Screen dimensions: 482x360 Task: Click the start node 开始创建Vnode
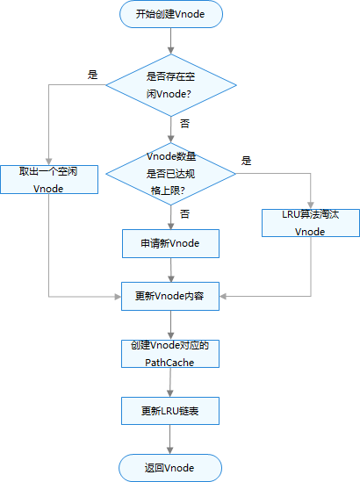(x=170, y=14)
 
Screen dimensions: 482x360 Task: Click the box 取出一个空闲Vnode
(x=48, y=180)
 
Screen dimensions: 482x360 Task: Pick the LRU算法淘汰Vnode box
(x=310, y=222)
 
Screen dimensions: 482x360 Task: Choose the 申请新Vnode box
(x=169, y=243)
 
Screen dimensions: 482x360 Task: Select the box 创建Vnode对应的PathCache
(x=169, y=353)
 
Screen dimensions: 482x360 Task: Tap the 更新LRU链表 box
(x=169, y=410)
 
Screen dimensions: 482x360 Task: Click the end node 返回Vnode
(x=169, y=466)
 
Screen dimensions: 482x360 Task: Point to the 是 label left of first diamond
(x=93, y=75)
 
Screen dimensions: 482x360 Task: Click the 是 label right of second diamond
(x=246, y=161)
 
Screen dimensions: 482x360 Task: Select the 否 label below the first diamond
(x=184, y=124)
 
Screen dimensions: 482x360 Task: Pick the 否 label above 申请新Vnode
(x=184, y=213)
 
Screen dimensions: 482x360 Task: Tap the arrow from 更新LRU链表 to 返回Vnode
(x=169, y=438)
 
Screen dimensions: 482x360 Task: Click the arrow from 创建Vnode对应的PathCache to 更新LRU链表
(x=169, y=382)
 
